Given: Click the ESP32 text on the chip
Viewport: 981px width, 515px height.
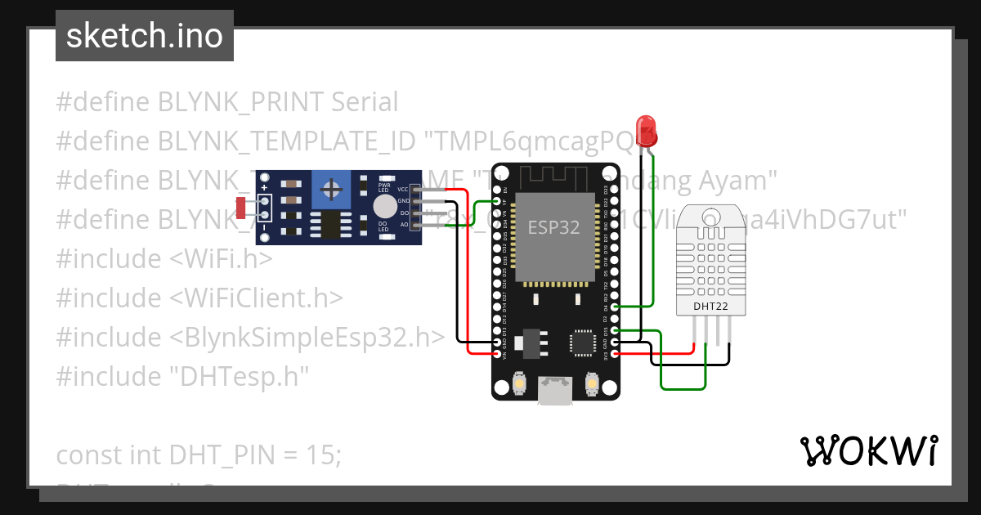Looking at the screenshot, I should (553, 227).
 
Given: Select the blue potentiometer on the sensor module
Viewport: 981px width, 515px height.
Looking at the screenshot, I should (332, 190).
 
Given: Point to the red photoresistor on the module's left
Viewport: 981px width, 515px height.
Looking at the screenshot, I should (241, 208).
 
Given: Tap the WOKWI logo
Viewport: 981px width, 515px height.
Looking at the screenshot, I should (868, 450).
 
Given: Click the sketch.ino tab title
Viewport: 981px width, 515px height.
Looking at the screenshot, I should (145, 36).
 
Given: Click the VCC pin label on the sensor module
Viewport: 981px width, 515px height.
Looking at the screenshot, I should (402, 189).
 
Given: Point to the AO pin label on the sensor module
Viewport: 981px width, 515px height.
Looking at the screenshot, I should (404, 223).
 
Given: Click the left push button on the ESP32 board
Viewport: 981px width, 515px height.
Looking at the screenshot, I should (518, 382).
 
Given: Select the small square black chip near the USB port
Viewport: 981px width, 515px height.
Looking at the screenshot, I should (583, 343).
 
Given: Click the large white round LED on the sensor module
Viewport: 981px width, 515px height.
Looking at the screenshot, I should (383, 206).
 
